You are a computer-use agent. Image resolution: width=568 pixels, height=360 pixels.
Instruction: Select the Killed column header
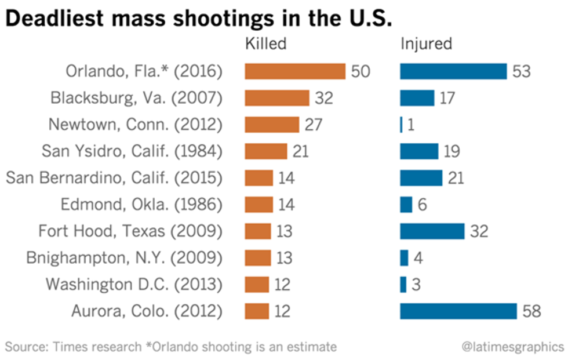tap(266, 43)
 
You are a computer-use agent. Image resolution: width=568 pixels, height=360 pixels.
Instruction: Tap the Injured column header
tap(426, 43)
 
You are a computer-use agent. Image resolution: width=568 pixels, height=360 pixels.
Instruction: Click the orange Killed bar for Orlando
tap(295, 71)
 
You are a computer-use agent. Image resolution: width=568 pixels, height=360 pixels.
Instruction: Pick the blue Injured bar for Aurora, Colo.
tap(458, 311)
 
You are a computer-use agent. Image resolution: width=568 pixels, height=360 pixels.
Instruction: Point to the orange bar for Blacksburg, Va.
tap(277, 98)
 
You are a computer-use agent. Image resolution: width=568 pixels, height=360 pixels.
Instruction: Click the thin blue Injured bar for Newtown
tap(401, 125)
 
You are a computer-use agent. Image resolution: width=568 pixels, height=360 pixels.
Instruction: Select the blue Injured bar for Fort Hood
tap(432, 231)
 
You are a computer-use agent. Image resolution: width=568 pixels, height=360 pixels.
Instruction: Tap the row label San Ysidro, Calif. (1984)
tap(132, 151)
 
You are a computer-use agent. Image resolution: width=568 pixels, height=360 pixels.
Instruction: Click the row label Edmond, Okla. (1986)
tap(141, 205)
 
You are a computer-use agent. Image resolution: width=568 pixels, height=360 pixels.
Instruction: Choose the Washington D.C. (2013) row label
tap(134, 285)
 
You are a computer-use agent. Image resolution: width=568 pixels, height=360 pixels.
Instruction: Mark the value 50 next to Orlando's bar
tap(360, 71)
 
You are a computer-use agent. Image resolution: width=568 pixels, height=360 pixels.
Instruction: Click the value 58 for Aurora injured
tap(531, 311)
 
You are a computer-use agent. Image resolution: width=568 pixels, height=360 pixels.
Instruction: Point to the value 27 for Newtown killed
tap(311, 125)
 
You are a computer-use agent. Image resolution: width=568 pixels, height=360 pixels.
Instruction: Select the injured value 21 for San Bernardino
tap(456, 178)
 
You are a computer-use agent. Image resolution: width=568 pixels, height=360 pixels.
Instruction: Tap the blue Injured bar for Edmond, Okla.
tap(406, 205)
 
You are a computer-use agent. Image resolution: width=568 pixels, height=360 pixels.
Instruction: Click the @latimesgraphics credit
tap(512, 347)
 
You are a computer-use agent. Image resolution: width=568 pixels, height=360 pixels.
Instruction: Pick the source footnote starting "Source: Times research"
tap(171, 347)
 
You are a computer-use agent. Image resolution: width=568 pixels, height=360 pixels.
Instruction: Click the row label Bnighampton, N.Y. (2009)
tap(124, 258)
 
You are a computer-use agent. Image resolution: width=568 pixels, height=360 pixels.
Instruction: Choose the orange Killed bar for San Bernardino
tap(258, 178)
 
